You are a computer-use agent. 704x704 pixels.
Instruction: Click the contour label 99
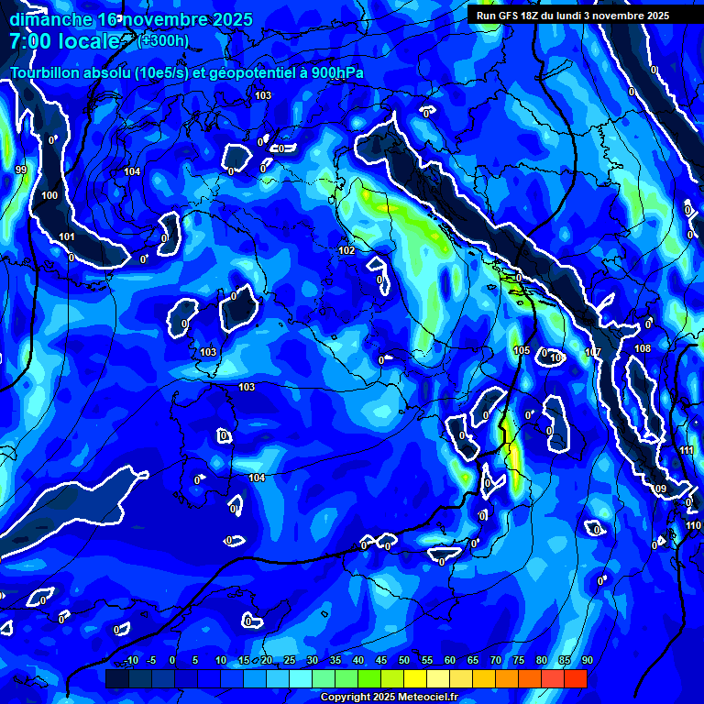[x=21, y=170]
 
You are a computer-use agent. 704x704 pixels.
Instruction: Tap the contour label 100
[x=49, y=195]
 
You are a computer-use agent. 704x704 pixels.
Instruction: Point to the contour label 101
[x=67, y=236]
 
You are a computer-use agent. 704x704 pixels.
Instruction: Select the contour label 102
[x=346, y=250]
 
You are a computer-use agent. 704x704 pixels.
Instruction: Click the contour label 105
[x=522, y=350]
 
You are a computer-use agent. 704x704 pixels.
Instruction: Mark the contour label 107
[x=593, y=352]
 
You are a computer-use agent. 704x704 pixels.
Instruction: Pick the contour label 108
[x=643, y=348]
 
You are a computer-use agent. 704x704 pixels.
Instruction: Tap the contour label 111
[x=687, y=450]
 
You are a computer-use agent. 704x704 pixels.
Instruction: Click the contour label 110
[x=693, y=525]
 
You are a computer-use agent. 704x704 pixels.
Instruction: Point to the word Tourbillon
[x=44, y=73]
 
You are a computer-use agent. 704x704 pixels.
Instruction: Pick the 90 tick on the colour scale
[x=587, y=660]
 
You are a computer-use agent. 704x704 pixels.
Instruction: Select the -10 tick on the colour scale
[x=130, y=660]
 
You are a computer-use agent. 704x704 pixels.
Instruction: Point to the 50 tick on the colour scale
[x=404, y=660]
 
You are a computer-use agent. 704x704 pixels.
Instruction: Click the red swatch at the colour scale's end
[x=575, y=678]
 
